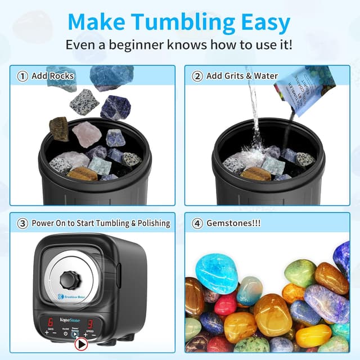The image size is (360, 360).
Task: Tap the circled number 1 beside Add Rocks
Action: [x=23, y=76]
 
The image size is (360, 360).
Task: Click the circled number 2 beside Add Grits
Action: [x=197, y=76]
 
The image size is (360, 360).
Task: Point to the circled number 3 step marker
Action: [x=23, y=223]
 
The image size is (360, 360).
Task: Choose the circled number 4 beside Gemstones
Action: [x=197, y=223]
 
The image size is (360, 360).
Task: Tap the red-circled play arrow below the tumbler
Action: [x=82, y=344]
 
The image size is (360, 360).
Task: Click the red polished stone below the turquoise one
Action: [x=225, y=304]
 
